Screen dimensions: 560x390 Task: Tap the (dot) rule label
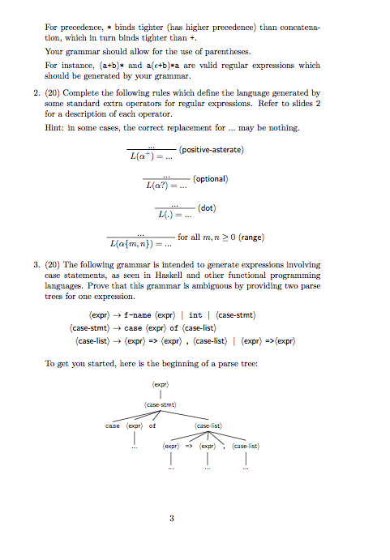204,207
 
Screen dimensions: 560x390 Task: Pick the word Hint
54,128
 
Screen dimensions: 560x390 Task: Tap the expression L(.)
167,215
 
